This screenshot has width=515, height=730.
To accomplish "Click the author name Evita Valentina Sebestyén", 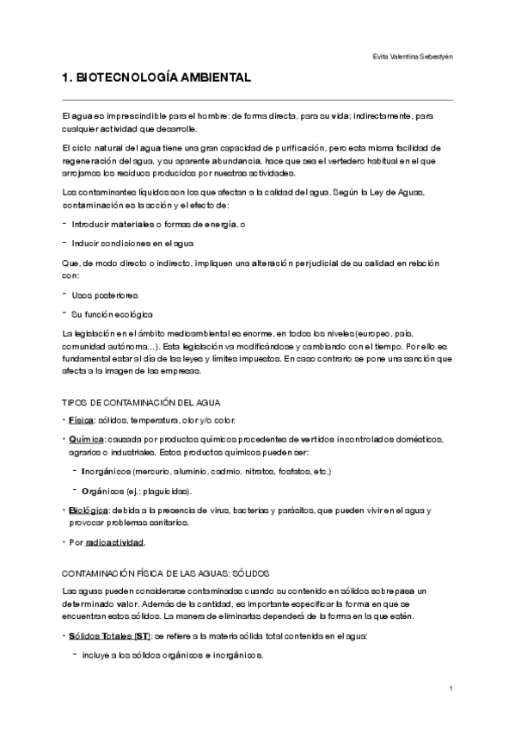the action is [x=420, y=57].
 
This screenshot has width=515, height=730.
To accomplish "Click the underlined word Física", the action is [x=82, y=420].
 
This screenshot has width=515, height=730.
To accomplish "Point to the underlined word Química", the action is [x=87, y=440].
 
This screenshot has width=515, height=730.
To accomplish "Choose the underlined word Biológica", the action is [x=89, y=510].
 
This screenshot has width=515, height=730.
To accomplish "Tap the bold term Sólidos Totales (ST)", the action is [x=108, y=635].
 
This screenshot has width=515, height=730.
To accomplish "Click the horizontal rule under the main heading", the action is [x=258, y=100].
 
